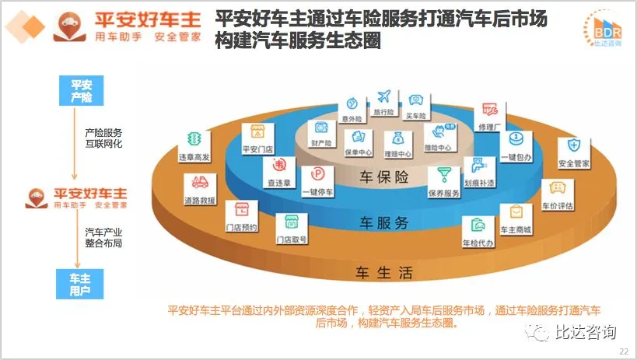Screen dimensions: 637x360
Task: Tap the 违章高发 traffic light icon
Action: (194, 141)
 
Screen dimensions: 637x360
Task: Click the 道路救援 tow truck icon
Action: (198, 183)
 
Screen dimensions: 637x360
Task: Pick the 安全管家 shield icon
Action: (574, 146)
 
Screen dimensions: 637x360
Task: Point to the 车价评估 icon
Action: (557, 189)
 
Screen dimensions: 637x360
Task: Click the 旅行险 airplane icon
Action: (383, 97)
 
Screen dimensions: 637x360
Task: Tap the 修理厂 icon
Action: (489, 109)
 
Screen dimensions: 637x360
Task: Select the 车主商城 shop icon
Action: (515, 213)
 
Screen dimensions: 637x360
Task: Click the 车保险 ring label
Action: (383, 177)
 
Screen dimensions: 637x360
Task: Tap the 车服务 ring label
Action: (383, 223)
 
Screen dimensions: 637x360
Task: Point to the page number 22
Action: (623, 351)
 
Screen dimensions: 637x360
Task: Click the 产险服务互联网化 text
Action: (103, 138)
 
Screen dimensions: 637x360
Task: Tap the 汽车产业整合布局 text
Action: (103, 237)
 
